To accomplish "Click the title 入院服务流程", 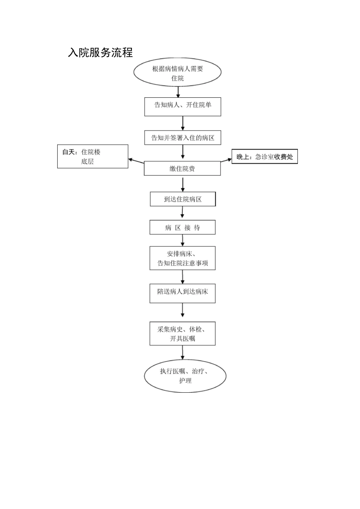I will [100, 53].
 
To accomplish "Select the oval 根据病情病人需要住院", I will [177, 73].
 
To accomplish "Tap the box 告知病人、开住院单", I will [183, 106].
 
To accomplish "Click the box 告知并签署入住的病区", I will [183, 138].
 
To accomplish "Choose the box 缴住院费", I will [182, 169].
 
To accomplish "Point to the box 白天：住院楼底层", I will [92, 156].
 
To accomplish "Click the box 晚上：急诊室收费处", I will [265, 156].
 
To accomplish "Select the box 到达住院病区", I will [183, 199].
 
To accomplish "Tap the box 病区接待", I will [182, 228].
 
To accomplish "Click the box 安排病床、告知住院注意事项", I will [182, 258].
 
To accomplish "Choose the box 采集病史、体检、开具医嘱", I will [182, 334].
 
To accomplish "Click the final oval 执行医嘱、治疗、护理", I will [185, 376].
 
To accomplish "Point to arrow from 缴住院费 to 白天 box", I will [136, 161].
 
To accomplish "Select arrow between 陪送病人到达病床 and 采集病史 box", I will [183, 310].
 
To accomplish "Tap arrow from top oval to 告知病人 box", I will [178, 92].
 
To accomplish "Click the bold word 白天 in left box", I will [69, 152].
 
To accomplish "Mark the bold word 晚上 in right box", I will [243, 157].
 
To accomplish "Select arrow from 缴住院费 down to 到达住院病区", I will [183, 184].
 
